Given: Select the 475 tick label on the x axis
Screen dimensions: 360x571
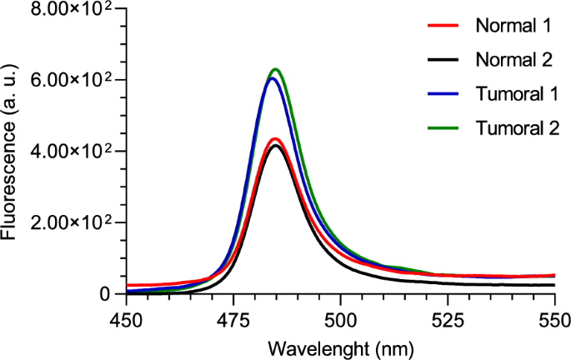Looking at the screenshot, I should tap(233, 317).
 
